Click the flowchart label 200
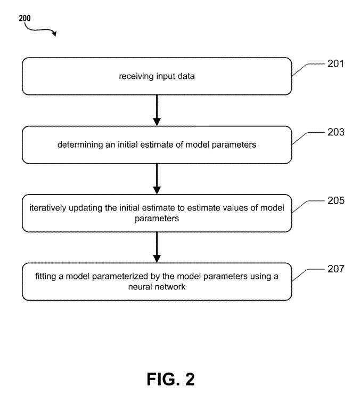pos(24,18)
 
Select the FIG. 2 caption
pos(170,379)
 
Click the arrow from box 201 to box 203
pos(157,110)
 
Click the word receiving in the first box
pos(135,76)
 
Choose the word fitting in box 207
pos(45,276)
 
